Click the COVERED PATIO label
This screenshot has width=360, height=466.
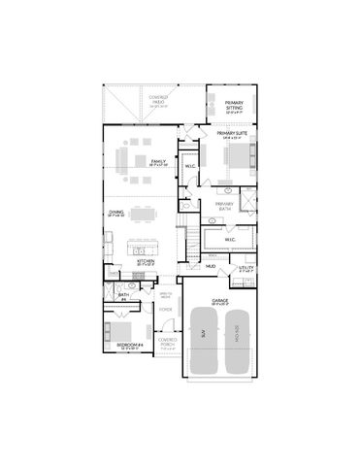159,99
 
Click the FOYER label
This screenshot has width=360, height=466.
166,312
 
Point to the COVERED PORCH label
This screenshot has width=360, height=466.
166,340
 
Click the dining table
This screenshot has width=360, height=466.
143,210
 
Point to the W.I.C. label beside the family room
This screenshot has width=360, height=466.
189,163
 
